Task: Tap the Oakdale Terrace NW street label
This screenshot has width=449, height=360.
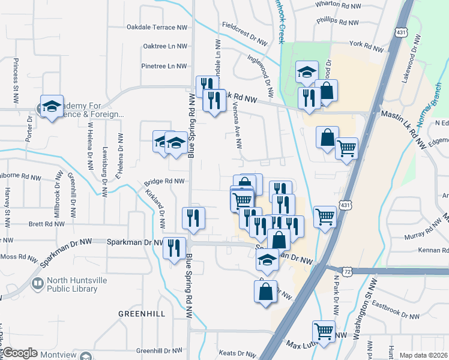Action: coord(157,28)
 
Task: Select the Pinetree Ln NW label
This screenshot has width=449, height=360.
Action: coord(164,66)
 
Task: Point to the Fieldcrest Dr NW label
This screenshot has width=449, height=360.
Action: coord(244,34)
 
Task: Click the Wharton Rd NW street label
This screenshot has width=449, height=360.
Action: coord(339,4)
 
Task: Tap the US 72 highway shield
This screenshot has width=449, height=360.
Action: coord(347,271)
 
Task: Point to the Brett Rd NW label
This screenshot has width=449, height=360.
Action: coord(46,224)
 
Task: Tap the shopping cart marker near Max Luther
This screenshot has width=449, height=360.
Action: coord(324,331)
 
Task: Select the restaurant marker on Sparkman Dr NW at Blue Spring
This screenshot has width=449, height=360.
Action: coord(175,247)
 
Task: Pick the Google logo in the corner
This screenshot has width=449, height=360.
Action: coord(20,353)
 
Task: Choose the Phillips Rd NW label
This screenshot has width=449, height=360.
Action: coord(338,22)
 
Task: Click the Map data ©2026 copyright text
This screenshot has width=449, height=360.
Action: coord(423,355)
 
